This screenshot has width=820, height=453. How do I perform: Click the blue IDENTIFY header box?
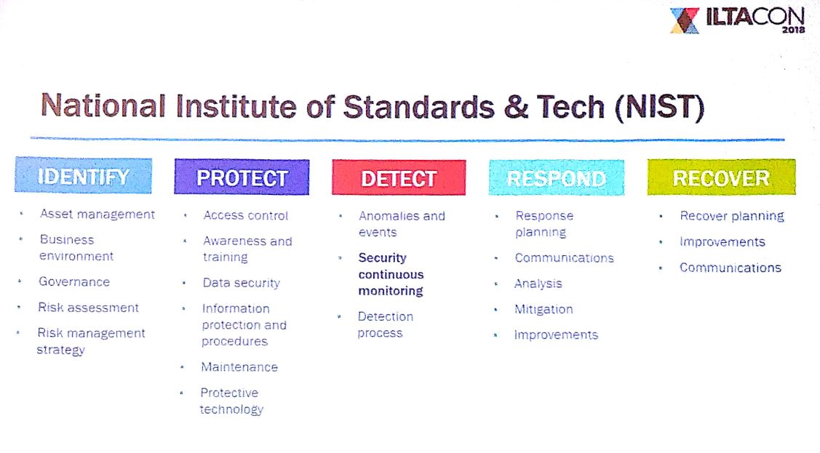coord(84,175)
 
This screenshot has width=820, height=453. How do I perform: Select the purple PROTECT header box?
coord(242,177)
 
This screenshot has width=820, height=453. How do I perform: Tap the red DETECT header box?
coord(399,177)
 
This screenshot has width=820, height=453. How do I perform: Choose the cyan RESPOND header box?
coord(557,177)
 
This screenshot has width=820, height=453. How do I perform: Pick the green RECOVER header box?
coord(721,177)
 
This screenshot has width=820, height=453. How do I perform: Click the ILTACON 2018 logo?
coord(737,20)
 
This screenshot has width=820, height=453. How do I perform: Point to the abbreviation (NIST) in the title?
coord(660,107)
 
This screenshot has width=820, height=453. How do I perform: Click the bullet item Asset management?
coord(97,215)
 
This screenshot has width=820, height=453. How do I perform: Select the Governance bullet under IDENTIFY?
coord(74,282)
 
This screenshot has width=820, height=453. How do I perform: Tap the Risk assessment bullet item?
coord(88,308)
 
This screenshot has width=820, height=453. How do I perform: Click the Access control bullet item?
coord(246,215)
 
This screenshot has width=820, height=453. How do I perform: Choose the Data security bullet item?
coord(242,283)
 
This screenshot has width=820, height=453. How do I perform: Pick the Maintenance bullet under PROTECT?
coord(239,367)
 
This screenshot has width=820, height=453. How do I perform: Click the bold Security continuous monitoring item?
coord(391,274)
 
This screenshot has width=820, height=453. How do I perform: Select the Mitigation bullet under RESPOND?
coord(544,309)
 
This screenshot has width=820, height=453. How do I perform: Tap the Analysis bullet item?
coord(538,284)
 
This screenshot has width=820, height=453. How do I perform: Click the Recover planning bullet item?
coord(732,216)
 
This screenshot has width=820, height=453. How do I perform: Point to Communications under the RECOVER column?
coord(731,268)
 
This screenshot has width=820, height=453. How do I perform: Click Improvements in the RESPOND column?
coord(556,335)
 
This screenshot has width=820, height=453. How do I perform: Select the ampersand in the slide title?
coord(516,107)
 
